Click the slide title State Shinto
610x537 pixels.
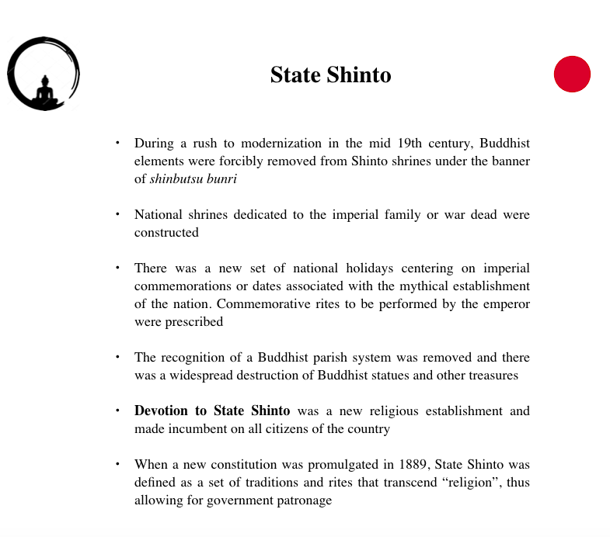pos(330,75)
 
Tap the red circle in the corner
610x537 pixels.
pos(572,74)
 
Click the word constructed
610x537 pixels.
pos(166,232)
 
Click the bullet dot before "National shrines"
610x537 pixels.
pos(117,214)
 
